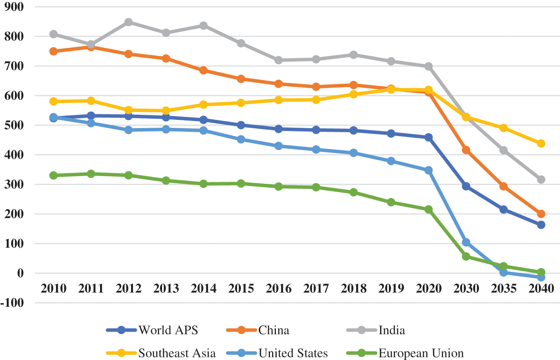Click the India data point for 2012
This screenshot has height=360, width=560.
128,22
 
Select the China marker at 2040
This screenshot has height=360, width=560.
541,214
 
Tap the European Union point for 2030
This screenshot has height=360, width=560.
466,257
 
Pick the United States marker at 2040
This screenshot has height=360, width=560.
541,277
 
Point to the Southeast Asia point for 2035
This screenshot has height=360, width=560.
504,128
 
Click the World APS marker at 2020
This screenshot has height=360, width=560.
429,137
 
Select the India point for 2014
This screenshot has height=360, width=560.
203,26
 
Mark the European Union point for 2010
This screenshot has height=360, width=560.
53,176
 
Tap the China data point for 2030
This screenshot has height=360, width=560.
466,150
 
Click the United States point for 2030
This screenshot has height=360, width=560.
466,243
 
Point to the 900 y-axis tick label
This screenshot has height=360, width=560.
14,7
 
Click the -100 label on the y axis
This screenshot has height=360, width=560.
12,302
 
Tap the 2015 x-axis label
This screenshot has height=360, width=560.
241,288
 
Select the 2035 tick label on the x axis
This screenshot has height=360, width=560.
504,288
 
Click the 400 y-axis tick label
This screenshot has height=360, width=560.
14,155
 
